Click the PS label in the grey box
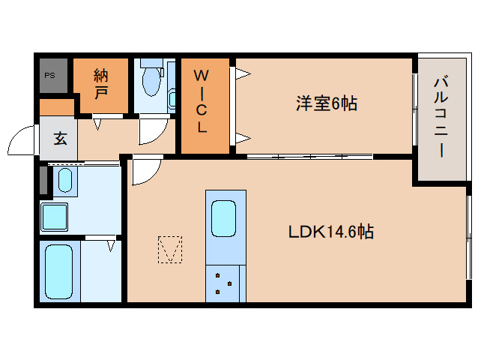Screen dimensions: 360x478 (50, 75)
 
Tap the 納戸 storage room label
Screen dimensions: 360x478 (101, 83)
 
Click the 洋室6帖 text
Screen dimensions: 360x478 (325, 103)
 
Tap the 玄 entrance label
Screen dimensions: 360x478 (59, 139)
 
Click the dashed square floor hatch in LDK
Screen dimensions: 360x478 (170, 250)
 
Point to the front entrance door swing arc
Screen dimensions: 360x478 (21, 140)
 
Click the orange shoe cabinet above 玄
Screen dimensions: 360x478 (56, 107)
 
